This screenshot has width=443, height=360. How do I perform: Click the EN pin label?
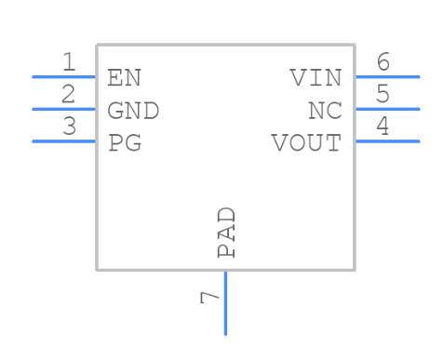125,77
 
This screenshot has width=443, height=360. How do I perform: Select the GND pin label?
133,111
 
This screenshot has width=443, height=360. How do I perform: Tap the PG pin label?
125,143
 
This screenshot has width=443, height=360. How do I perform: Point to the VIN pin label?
315,77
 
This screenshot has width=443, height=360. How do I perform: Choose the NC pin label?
325,111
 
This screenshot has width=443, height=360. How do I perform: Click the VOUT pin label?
306,143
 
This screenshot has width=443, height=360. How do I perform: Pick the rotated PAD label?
226,233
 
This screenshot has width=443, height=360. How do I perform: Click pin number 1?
69,62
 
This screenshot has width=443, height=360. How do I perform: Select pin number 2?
69,94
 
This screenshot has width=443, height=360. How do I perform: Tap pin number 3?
69,127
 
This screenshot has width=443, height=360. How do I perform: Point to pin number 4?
383,127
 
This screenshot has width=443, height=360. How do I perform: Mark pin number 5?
383,94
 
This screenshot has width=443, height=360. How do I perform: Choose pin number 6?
383,62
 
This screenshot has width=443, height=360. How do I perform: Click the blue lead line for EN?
64,76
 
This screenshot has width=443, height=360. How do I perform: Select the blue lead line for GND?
64,109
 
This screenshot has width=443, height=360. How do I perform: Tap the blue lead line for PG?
64,141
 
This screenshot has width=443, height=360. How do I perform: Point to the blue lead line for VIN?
386,76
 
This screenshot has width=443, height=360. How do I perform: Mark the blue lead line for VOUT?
386,141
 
